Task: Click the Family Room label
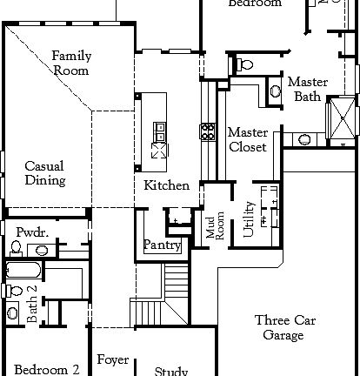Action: click(x=71, y=63)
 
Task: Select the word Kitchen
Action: click(x=166, y=185)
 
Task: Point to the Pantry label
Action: click(x=162, y=245)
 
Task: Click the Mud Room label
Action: click(x=214, y=226)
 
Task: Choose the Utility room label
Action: click(x=249, y=218)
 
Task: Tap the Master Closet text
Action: click(x=247, y=139)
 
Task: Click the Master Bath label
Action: click(x=308, y=89)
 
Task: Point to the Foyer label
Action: click(x=113, y=359)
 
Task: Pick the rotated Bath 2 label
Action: click(x=31, y=304)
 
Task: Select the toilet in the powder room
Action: click(x=16, y=249)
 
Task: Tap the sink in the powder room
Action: click(x=43, y=251)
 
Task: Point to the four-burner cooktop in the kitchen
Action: click(x=209, y=131)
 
